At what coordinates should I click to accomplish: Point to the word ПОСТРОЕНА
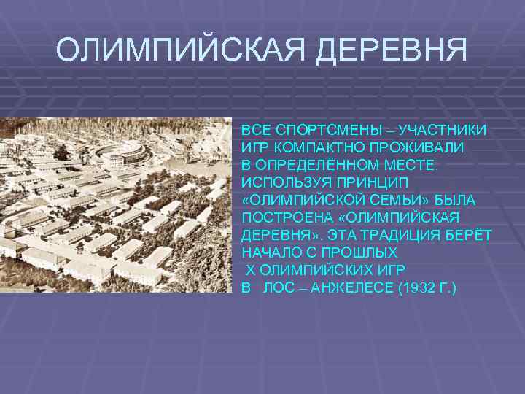click(282, 217)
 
